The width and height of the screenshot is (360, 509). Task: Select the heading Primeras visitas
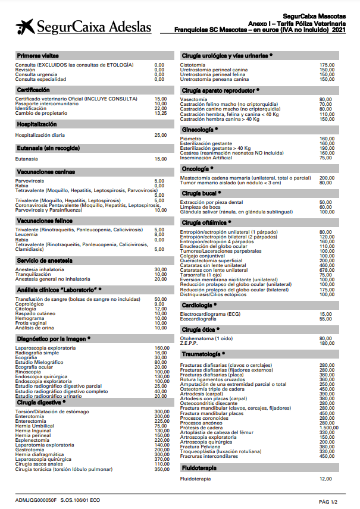pyautogui.click(x=37, y=55)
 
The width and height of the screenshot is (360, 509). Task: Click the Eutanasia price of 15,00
pyautogui.click(x=161, y=159)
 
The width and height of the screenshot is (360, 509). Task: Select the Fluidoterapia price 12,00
pyautogui.click(x=326, y=479)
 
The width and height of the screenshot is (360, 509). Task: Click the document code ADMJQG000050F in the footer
pyautogui.click(x=36, y=501)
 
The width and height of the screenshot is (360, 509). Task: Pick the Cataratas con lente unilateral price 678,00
pyautogui.click(x=326, y=270)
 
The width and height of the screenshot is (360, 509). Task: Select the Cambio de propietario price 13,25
pyautogui.click(x=161, y=114)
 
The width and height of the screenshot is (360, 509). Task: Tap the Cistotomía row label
pyautogui.click(x=193, y=65)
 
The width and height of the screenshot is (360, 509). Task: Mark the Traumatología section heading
pyautogui.click(x=203, y=354)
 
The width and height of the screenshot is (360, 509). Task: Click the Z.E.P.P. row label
pyautogui.click(x=189, y=343)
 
